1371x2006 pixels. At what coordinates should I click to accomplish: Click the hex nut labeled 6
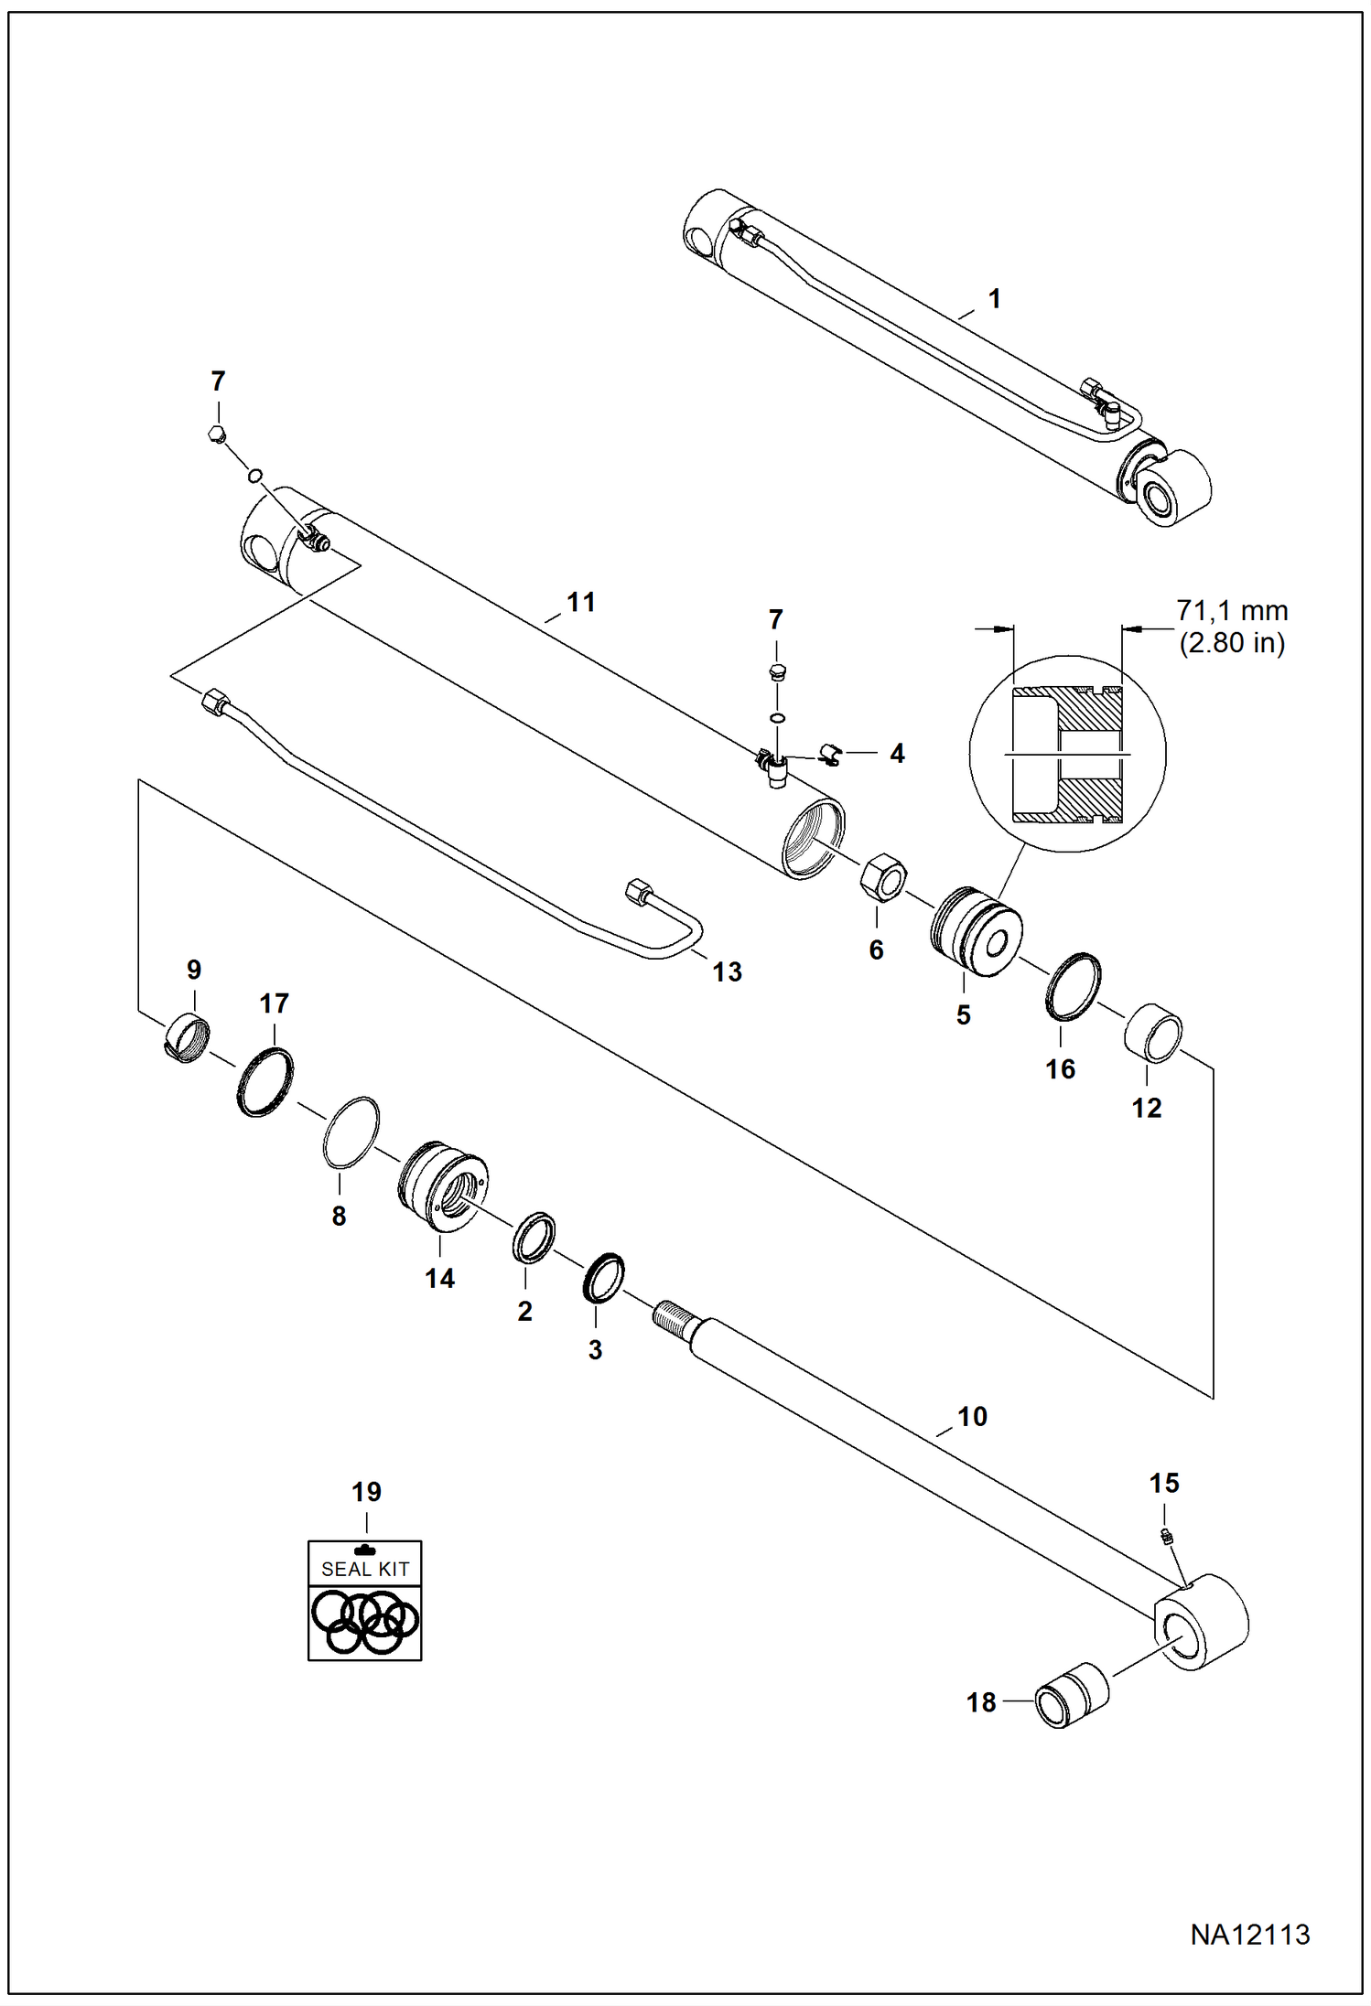pyautogui.click(x=883, y=876)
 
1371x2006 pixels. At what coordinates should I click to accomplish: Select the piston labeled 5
pyautogui.click(x=976, y=930)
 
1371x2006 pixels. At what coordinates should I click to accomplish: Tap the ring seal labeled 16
pyautogui.click(x=1073, y=986)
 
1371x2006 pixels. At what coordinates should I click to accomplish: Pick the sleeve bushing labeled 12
pyautogui.click(x=1153, y=1033)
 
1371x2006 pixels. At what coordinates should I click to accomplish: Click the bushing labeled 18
pyautogui.click(x=1071, y=1695)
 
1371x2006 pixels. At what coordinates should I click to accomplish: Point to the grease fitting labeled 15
pyautogui.click(x=1167, y=1537)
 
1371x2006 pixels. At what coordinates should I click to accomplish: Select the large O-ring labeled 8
pyautogui.click(x=351, y=1132)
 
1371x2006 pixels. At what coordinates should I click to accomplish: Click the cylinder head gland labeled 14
pyautogui.click(x=443, y=1186)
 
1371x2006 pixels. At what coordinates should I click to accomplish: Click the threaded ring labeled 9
pyautogui.click(x=188, y=1038)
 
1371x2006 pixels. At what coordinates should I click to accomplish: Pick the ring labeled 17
pyautogui.click(x=265, y=1082)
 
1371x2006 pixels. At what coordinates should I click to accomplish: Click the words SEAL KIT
pyautogui.click(x=364, y=1570)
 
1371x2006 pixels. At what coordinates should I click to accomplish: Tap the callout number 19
pyautogui.click(x=366, y=1492)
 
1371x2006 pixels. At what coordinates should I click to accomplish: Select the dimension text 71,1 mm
pyautogui.click(x=1232, y=610)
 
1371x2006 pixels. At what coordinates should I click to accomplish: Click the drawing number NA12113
pyautogui.click(x=1250, y=1935)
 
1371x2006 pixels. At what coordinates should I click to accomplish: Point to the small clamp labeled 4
pyautogui.click(x=830, y=754)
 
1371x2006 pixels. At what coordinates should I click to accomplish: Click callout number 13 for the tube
pyautogui.click(x=727, y=971)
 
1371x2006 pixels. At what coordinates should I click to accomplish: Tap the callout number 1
pyautogui.click(x=994, y=299)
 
